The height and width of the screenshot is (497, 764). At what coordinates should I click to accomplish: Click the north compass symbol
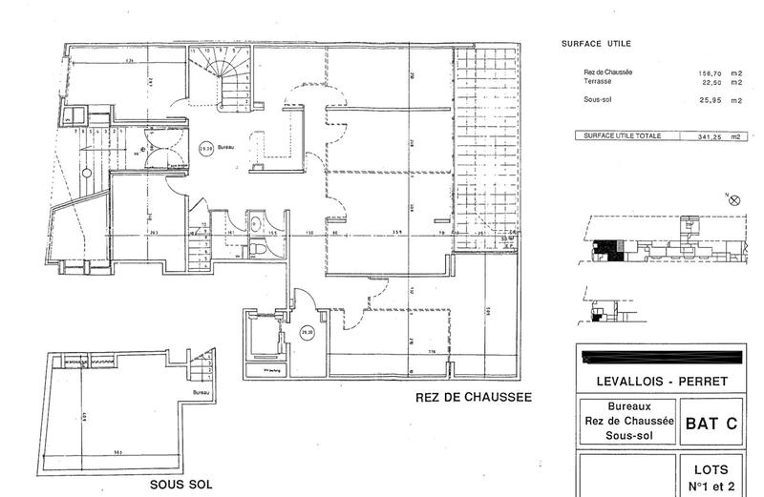click(733, 200)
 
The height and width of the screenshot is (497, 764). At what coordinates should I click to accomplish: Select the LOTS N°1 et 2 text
click(711, 477)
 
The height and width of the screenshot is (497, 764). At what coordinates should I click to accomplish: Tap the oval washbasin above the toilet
click(258, 223)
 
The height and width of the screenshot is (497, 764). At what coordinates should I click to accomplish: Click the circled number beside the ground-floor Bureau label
click(205, 148)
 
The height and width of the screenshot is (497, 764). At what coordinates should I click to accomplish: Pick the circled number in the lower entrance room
click(307, 333)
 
